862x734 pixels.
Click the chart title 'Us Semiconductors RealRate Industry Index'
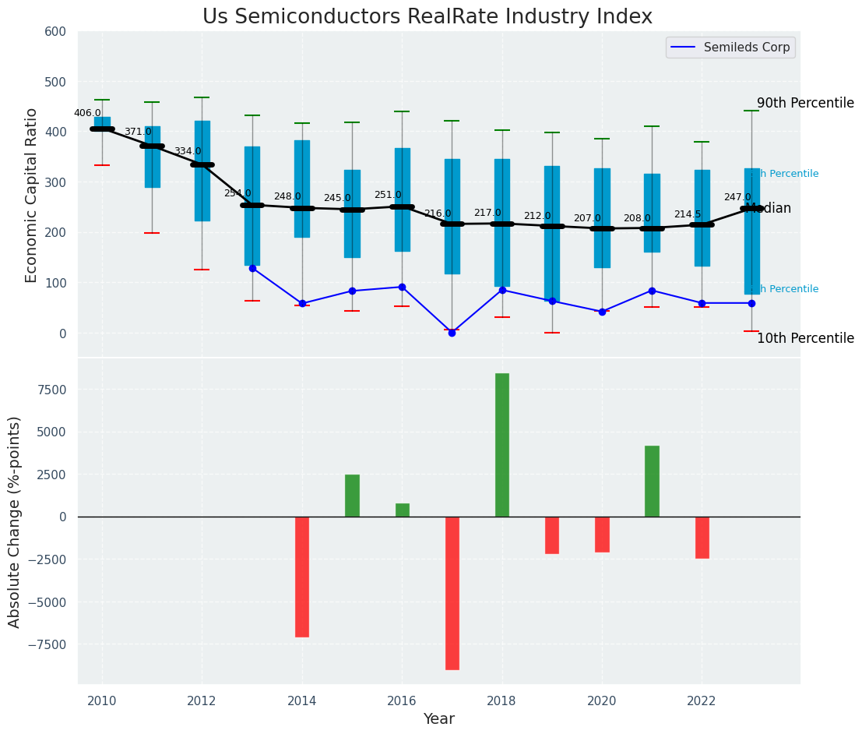[427, 17]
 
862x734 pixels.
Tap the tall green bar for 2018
[502, 445]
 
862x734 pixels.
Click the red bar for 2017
[452, 593]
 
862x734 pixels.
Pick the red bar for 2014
[302, 577]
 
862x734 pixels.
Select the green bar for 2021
[652, 481]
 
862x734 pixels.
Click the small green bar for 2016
[403, 510]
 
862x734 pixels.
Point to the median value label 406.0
[87, 113]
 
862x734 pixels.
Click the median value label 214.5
[688, 214]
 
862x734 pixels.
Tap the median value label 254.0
[237, 193]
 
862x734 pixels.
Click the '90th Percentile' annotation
[805, 103]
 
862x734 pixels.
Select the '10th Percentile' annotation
[805, 338]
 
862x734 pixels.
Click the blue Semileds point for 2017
[452, 333]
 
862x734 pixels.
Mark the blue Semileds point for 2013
[252, 268]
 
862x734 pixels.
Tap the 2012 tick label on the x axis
[202, 700]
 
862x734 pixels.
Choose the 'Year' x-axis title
[438, 719]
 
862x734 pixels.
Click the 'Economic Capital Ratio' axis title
[32, 195]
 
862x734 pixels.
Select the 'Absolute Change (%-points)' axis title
[15, 521]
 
